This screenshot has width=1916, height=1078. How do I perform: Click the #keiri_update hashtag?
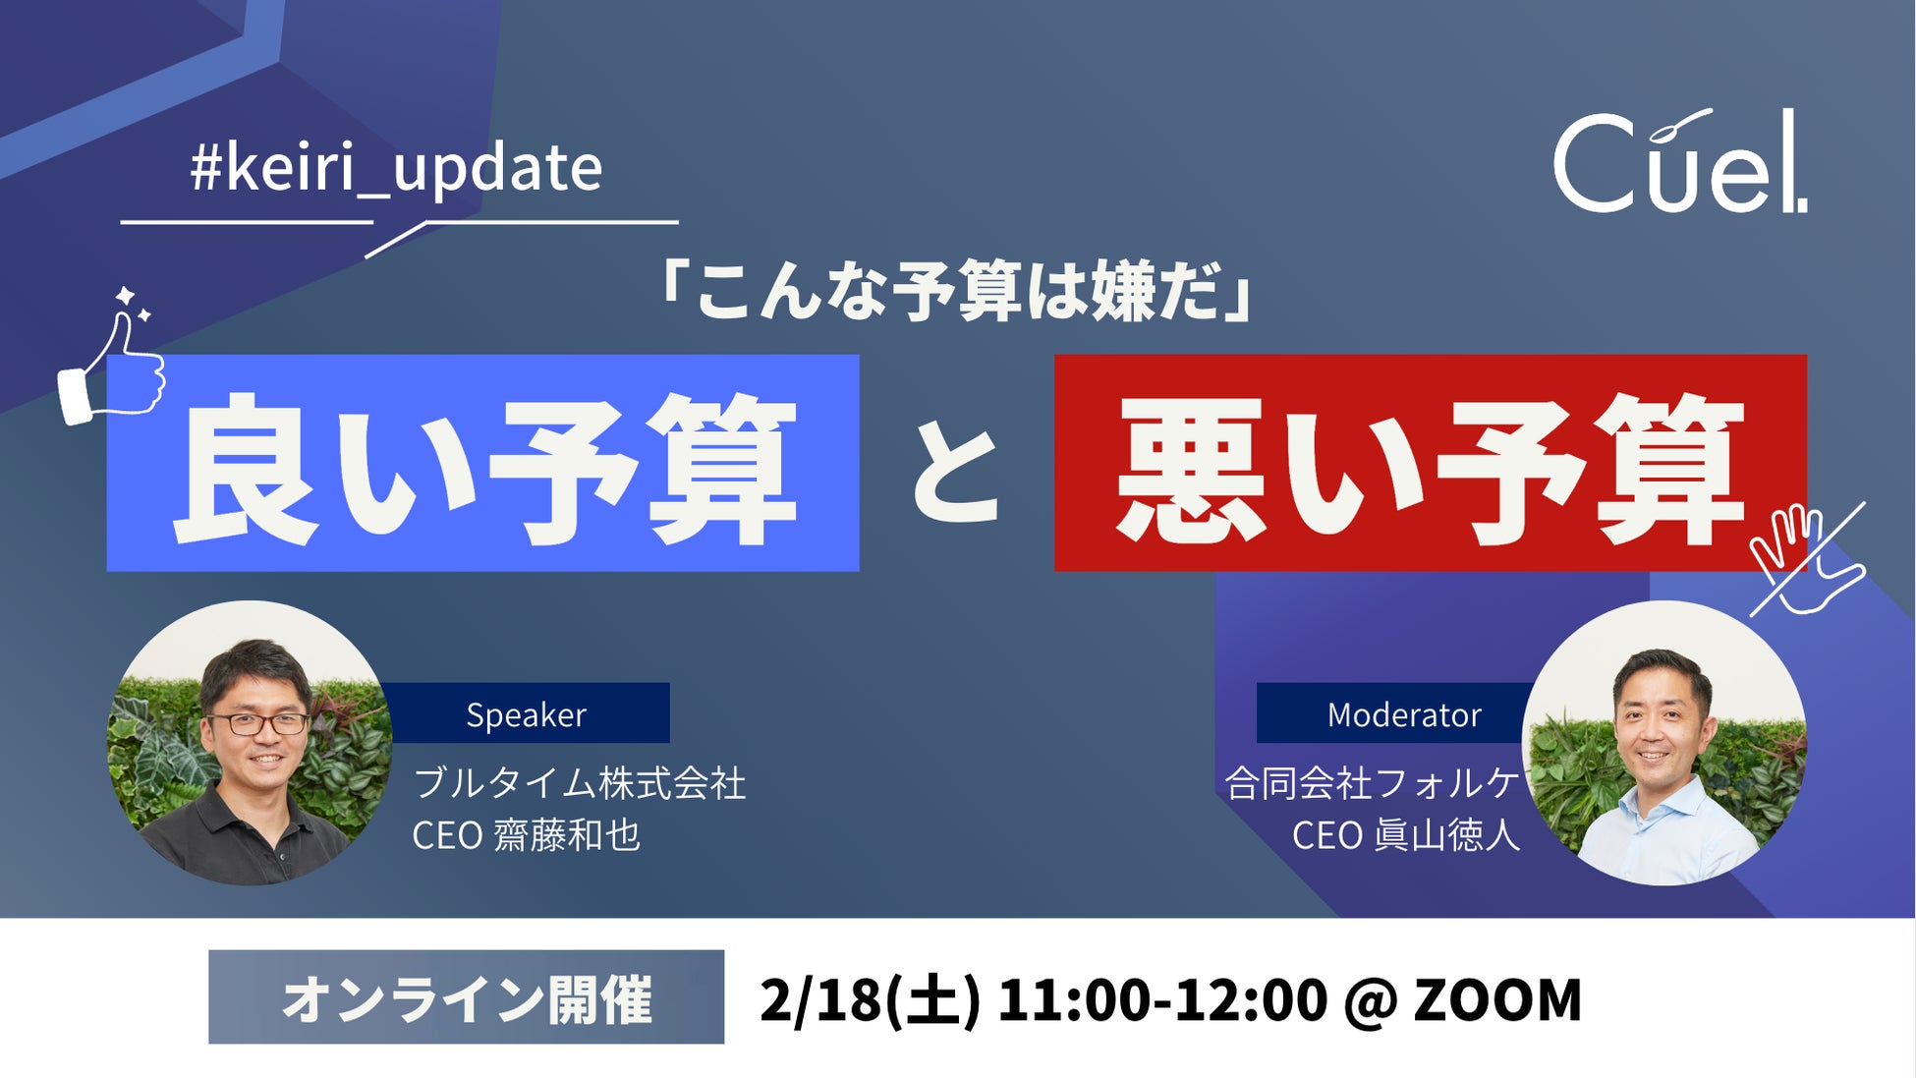coord(396,168)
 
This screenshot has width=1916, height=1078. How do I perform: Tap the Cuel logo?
coord(1680,161)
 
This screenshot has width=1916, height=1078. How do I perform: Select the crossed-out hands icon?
coord(1807,559)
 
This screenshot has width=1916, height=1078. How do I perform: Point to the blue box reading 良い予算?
coord(482,463)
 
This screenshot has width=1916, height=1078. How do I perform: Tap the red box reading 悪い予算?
coord(1431,463)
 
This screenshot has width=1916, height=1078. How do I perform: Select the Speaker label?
coord(526,713)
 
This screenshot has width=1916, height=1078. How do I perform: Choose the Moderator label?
coord(1403,713)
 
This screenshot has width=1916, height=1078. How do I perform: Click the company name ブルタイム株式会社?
coord(580,783)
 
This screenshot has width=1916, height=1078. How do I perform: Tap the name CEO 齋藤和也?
coord(526,835)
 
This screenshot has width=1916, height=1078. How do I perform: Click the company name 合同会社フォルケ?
coord(1372,783)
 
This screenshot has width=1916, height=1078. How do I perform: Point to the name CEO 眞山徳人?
coord(1405,835)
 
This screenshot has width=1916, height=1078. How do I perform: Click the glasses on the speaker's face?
coord(257,724)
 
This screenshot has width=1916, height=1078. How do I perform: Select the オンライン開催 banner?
coord(466,997)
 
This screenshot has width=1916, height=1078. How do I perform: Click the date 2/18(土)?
coord(870,1000)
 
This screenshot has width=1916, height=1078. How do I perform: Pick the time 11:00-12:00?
coord(1162,1000)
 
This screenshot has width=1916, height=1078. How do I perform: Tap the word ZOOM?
coord(1497,1000)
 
